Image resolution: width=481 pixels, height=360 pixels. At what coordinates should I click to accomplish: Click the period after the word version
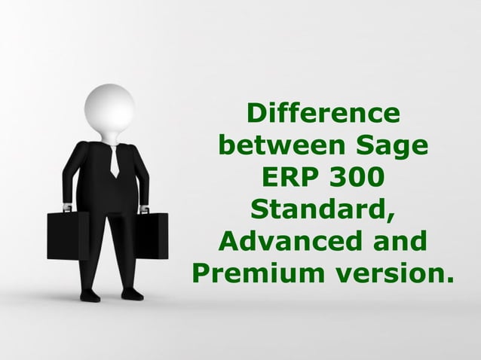coord(451,283)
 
